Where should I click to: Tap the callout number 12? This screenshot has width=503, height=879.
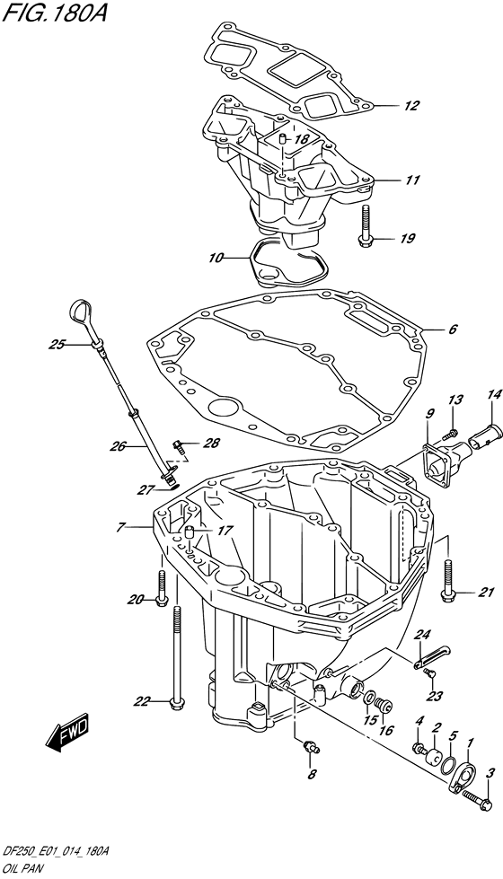tap(411, 106)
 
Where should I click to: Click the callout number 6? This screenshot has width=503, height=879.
tap(453, 330)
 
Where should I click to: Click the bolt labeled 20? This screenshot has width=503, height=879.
tap(161, 588)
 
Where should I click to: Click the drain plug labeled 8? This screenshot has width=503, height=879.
tap(310, 746)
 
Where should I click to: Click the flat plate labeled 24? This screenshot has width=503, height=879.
tap(432, 655)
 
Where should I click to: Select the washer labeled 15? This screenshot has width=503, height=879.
tap(370, 699)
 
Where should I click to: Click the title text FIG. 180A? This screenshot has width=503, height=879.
tap(54, 13)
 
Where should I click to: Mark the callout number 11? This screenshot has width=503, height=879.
tap(412, 180)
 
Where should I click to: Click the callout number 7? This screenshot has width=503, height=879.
tap(120, 526)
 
